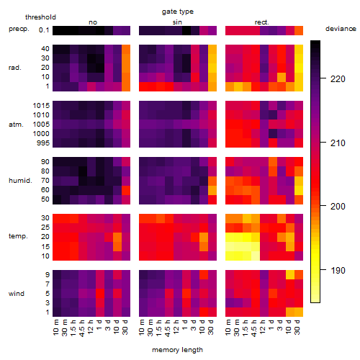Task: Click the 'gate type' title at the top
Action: pos(178,12)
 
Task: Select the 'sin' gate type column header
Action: pos(177,22)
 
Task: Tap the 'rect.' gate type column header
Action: pos(262,22)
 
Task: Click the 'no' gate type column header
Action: pos(93,22)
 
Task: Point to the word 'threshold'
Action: pos(40,17)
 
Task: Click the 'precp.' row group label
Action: pos(19,29)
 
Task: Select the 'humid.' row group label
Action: pos(20,181)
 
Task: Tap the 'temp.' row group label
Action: pos(18,236)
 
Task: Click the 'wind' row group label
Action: pos(17,294)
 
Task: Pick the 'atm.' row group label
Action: pos(16,125)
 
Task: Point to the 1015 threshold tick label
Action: pos(41,106)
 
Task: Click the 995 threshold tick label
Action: pos(43,143)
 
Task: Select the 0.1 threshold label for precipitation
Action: pos(44,30)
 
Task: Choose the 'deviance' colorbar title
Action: pos(341,29)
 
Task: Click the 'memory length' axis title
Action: pos(178,350)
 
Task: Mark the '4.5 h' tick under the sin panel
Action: pos(168,328)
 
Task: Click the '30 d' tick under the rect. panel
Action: pos(297,328)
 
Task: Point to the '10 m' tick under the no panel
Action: pos(55,328)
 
